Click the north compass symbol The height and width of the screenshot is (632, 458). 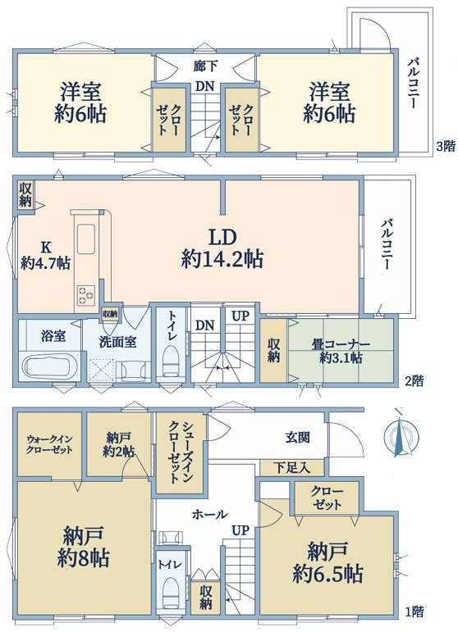click(x=401, y=436)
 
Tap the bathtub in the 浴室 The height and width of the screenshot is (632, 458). click(x=50, y=366)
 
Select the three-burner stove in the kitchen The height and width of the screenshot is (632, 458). click(x=86, y=294)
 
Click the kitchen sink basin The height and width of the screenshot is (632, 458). click(x=86, y=239)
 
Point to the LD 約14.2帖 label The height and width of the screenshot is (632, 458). click(x=222, y=249)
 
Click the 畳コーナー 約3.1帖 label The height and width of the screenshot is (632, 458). click(x=341, y=351)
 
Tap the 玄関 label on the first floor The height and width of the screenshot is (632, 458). click(x=297, y=438)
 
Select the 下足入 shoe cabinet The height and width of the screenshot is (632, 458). click(x=291, y=467)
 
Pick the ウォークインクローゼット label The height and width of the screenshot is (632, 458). click(x=49, y=444)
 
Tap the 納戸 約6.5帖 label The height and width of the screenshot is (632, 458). click(x=327, y=562)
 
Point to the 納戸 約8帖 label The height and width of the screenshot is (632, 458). click(x=83, y=547)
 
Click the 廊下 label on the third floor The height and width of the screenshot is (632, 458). click(x=205, y=66)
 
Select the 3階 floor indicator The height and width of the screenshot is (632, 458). click(x=446, y=146)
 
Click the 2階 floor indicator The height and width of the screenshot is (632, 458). click(x=414, y=381)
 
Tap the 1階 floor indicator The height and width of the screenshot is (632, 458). click(x=414, y=612)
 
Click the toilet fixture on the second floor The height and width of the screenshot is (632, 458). click(x=171, y=361)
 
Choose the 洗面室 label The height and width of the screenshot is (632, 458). click(x=118, y=342)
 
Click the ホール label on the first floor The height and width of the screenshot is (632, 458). click(x=210, y=514)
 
